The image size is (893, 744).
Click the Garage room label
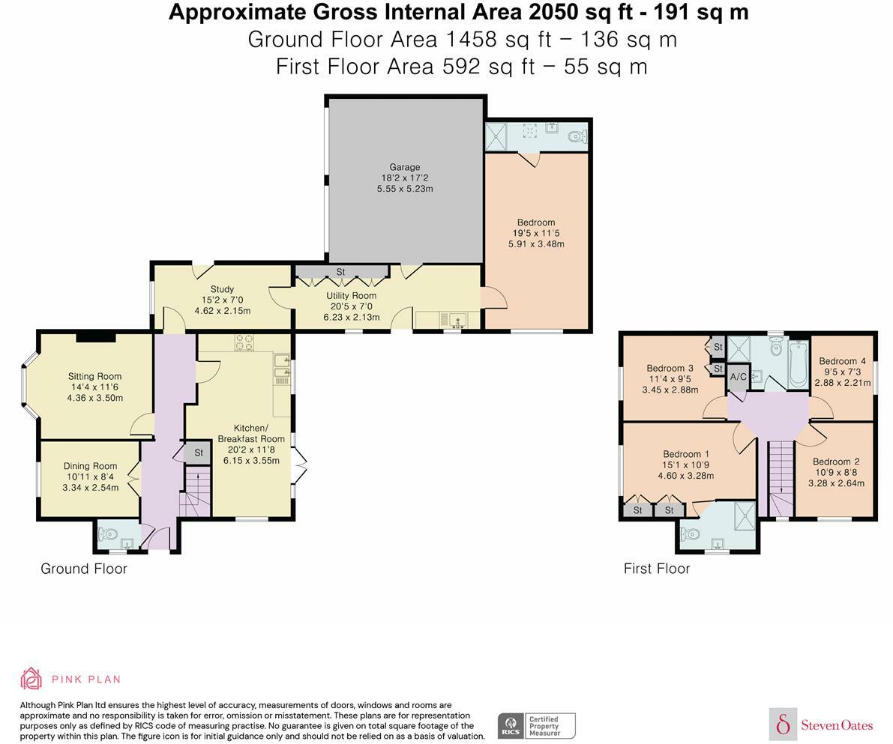pos(405,167)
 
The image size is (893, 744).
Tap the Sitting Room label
pos(94,376)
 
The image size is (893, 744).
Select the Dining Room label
pos(91,466)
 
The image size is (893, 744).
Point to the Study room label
pos(222,289)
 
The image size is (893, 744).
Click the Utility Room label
pos(352,296)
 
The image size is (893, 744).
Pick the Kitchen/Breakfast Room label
pos(251,433)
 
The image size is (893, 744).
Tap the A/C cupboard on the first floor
pos(738,377)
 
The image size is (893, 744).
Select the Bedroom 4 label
pos(842,361)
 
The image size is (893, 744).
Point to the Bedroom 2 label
pos(836,462)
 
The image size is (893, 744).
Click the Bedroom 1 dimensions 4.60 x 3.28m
pos(686,476)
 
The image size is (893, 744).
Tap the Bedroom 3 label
pos(670,369)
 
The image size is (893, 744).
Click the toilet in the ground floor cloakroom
pos(107,534)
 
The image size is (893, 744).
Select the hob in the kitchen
pos(245,343)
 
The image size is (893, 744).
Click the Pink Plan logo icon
pos(31,679)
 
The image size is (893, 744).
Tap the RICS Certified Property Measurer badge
pos(537,726)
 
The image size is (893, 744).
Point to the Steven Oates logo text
pos(837,725)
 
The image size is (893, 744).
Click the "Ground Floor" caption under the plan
pos(84,569)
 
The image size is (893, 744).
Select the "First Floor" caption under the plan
pos(657,569)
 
